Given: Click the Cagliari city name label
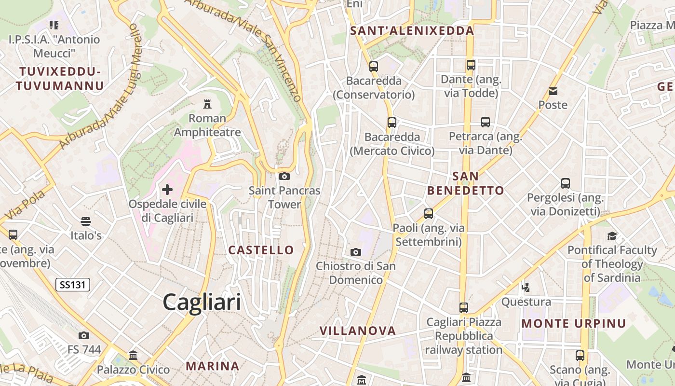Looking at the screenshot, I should click(x=202, y=303).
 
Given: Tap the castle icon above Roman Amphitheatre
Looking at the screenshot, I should click(x=207, y=103).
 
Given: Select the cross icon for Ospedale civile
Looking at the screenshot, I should click(x=167, y=190).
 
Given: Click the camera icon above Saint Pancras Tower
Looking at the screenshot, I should click(x=284, y=176).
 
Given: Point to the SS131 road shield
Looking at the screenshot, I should click(x=73, y=285).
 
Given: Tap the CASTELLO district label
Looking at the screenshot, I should click(x=261, y=250).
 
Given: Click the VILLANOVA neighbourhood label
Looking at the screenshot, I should click(x=358, y=331).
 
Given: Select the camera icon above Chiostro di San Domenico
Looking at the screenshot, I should click(x=356, y=252).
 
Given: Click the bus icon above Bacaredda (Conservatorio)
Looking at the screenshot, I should click(x=374, y=66).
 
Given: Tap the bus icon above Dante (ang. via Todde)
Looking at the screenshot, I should click(x=471, y=65).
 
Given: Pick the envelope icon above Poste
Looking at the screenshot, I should click(x=553, y=91).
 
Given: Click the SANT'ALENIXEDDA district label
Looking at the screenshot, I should click(x=412, y=31).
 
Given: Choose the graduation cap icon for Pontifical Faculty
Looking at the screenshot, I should click(x=612, y=236).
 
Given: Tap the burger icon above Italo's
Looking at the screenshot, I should click(x=86, y=221).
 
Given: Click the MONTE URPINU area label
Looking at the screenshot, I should click(x=574, y=323).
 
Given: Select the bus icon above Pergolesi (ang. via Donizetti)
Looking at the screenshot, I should click(x=566, y=183).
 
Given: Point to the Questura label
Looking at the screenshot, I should click(x=526, y=302).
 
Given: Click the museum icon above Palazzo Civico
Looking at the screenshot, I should click(x=133, y=356).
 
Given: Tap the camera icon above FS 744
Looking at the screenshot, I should click(x=84, y=335).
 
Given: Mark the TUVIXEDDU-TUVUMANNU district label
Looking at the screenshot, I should click(x=60, y=79).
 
